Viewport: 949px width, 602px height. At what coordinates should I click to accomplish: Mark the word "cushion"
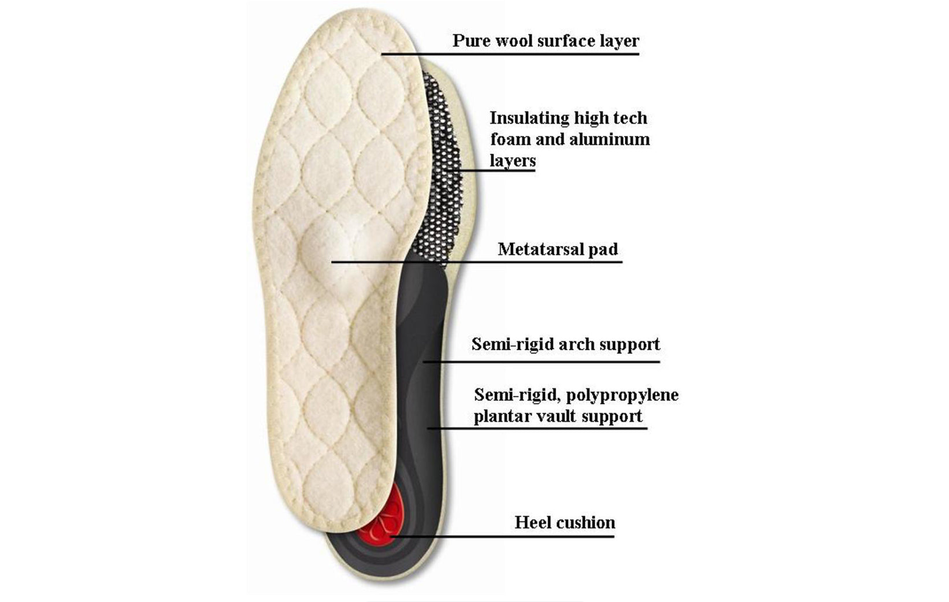586,523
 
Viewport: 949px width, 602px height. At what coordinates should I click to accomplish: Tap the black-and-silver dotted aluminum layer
442,173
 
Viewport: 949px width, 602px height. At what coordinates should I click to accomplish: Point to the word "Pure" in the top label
468,41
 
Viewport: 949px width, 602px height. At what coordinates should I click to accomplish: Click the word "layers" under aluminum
513,161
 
